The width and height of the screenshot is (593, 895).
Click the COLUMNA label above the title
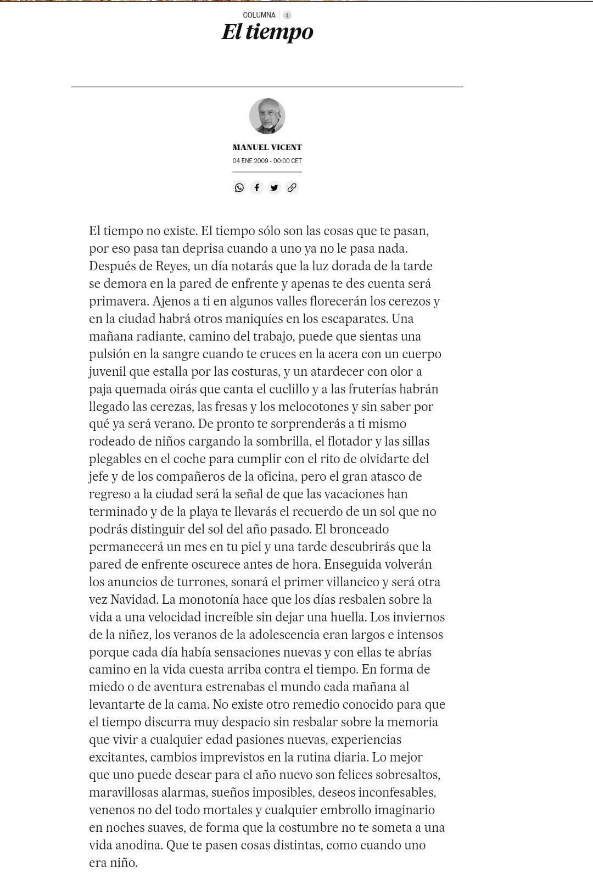[259, 15]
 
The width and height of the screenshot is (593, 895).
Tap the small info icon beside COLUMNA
[287, 15]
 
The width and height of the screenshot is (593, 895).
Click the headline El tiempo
[267, 32]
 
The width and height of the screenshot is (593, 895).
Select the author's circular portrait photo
[267, 116]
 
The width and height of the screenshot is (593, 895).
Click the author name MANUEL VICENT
[267, 147]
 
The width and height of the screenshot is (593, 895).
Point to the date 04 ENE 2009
[250, 161]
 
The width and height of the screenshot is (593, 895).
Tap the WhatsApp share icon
[239, 187]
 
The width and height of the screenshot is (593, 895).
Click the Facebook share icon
[256, 187]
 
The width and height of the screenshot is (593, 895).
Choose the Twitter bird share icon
[274, 187]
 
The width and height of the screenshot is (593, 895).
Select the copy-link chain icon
[292, 187]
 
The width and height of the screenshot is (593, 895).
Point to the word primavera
[119, 302]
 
